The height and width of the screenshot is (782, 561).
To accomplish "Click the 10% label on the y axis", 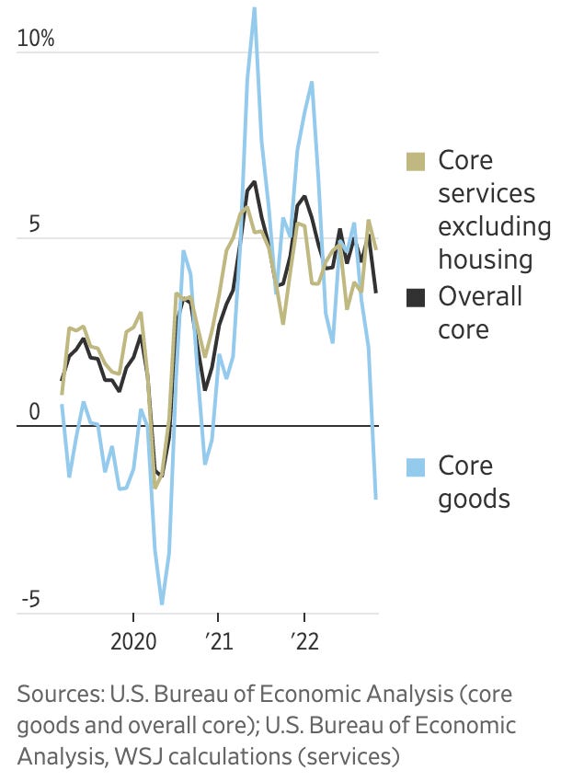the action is pos(35,38).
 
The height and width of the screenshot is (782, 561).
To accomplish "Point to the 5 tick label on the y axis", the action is pos(34,224).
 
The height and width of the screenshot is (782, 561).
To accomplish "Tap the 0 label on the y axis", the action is pos(34,412).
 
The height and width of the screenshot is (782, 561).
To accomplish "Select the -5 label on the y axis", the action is pos(30,599).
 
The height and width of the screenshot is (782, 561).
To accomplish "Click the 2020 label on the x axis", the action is pos(133,641).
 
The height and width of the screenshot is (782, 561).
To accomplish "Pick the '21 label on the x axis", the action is pos(219,641).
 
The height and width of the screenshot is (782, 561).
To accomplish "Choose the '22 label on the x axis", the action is pos(304,641).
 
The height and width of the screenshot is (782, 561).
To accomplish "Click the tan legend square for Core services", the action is pos(416,162).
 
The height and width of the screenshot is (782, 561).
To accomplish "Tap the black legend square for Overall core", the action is pos(416,298).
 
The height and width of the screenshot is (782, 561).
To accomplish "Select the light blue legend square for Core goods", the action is pos(416,467).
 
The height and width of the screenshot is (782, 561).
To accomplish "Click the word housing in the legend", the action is pos(486,260).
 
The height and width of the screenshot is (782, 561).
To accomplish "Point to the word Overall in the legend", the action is pos(480,295).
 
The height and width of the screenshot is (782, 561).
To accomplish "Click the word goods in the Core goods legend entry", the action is pos(475,500).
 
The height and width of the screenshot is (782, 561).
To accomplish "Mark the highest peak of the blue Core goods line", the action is pos(255,9).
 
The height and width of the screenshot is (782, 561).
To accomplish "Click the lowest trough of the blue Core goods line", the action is pos(162,603).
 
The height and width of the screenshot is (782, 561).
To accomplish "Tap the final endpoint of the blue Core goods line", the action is pos(375,498).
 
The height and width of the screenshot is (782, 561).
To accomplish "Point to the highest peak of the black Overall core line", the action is pos(255,182).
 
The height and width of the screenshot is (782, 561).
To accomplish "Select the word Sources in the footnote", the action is pos(61,695).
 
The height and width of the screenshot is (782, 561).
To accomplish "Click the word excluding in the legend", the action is pos(495,226).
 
